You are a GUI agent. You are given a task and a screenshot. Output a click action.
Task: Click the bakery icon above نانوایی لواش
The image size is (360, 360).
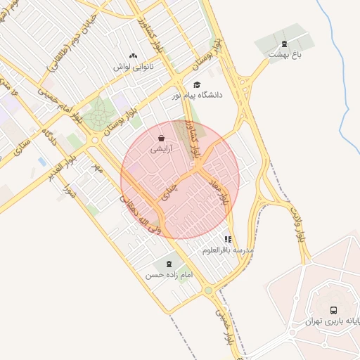coord(133,56)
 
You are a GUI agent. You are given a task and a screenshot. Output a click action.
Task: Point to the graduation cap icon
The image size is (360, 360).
coord(196,84)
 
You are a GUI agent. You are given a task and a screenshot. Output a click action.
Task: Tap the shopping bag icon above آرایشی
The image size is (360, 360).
coord(162,139)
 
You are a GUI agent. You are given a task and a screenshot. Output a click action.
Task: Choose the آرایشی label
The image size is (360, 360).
coord(161,150)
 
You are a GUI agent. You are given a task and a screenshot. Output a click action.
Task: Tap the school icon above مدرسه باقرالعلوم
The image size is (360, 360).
coord(228,239)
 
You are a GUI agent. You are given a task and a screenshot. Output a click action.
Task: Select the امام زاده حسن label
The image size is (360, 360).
coord(169,275)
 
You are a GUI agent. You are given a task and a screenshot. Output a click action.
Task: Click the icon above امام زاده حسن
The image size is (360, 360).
coord(169,264)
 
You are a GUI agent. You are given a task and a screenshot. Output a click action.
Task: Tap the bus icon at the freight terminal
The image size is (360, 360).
coord(333,310)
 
